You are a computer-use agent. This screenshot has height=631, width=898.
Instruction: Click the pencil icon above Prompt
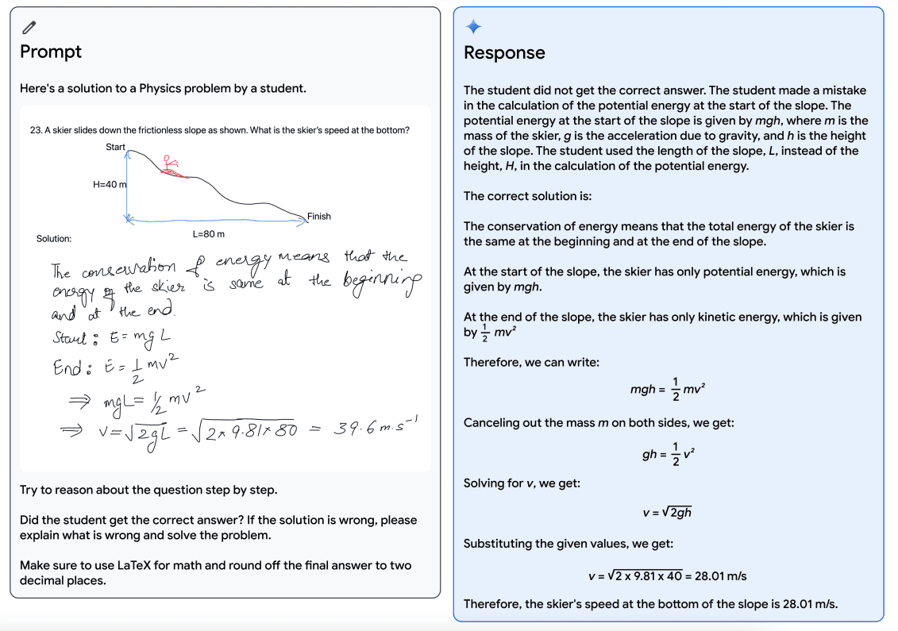tap(29, 27)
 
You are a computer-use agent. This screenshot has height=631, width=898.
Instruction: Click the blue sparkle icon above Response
tap(473, 27)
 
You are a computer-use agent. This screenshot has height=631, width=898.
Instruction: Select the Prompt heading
tap(51, 52)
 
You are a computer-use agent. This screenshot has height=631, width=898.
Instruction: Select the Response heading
tap(504, 52)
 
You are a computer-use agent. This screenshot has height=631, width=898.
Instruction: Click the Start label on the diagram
tap(115, 147)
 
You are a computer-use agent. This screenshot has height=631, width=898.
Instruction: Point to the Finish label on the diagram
tap(318, 216)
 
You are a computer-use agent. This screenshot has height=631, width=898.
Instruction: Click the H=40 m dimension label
tap(110, 184)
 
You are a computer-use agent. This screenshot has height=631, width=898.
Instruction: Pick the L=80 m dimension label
tap(209, 234)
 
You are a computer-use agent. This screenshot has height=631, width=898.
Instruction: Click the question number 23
tap(35, 130)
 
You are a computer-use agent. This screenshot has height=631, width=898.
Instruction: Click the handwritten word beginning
tap(380, 283)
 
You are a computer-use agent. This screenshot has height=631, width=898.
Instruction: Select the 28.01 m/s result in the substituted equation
tap(721, 575)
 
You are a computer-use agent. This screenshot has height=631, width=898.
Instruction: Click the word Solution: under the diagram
tap(54, 238)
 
